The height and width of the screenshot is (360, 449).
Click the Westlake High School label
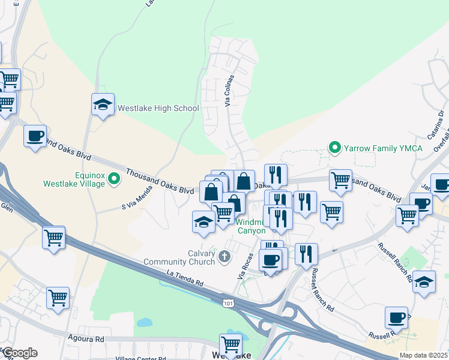(x=158, y=109)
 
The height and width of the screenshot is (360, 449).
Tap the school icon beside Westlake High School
(x=103, y=104)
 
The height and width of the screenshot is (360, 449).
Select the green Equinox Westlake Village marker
(x=113, y=176)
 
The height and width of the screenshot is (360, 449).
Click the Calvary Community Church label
(x=179, y=257)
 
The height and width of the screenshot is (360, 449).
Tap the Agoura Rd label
(x=86, y=339)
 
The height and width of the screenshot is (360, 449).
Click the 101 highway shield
(x=228, y=304)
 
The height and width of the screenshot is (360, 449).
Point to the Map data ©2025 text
(x=423, y=355)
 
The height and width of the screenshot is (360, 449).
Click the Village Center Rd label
(x=140, y=358)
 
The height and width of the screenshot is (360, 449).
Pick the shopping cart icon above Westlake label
(x=231, y=344)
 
